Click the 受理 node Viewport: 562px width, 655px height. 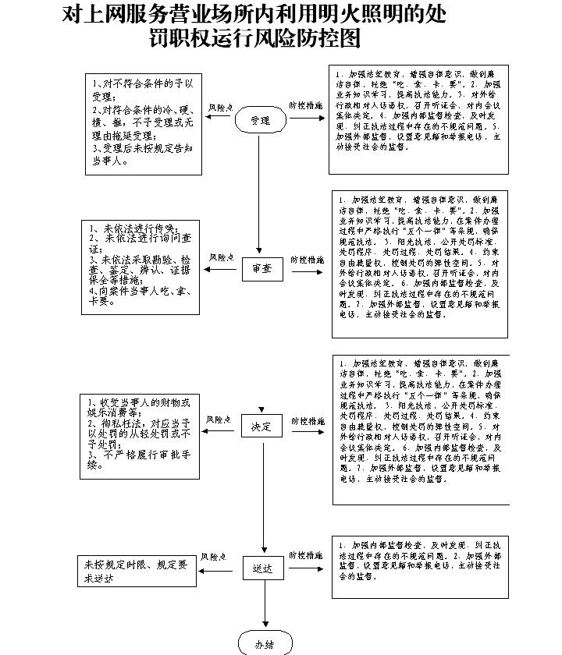pyautogui.click(x=260, y=121)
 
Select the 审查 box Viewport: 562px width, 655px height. pyautogui.click(x=261, y=269)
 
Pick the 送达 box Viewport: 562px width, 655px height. pyautogui.click(x=262, y=569)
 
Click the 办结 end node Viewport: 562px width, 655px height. pyautogui.click(x=265, y=644)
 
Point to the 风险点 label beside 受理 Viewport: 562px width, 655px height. pyautogui.click(x=220, y=107)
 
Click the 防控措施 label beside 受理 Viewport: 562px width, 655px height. pyautogui.click(x=305, y=106)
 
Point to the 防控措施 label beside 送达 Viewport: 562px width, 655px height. pyautogui.click(x=306, y=556)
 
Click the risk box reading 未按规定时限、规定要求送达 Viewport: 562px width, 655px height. pyautogui.click(x=137, y=572)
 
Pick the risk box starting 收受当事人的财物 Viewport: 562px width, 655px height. pyautogui.click(x=140, y=434)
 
